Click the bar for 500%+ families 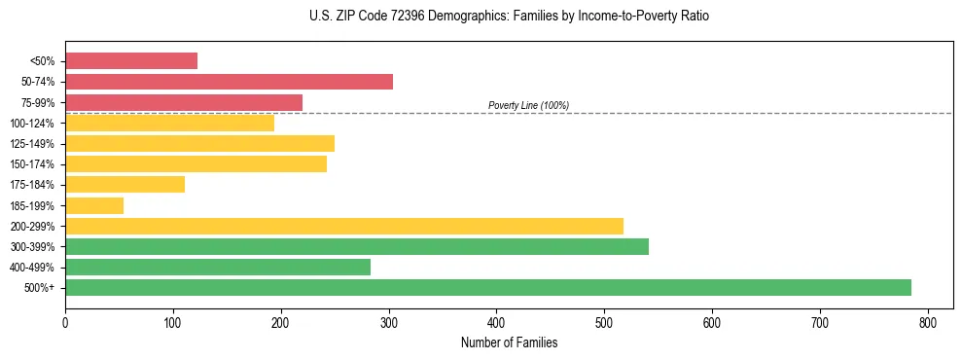point(487,287)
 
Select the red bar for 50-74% point(229,82)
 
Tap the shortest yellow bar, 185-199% point(94,205)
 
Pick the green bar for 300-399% point(356,246)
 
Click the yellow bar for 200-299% point(343,226)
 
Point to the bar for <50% point(131,61)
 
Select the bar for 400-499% point(218,267)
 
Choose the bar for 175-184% point(125,185)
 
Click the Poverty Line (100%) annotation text point(528,105)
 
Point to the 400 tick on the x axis point(496,323)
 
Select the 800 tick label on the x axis point(928,323)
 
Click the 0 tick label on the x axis point(65,323)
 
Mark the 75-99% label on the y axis point(38,102)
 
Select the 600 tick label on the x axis point(712,323)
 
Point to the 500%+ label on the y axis point(40,288)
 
